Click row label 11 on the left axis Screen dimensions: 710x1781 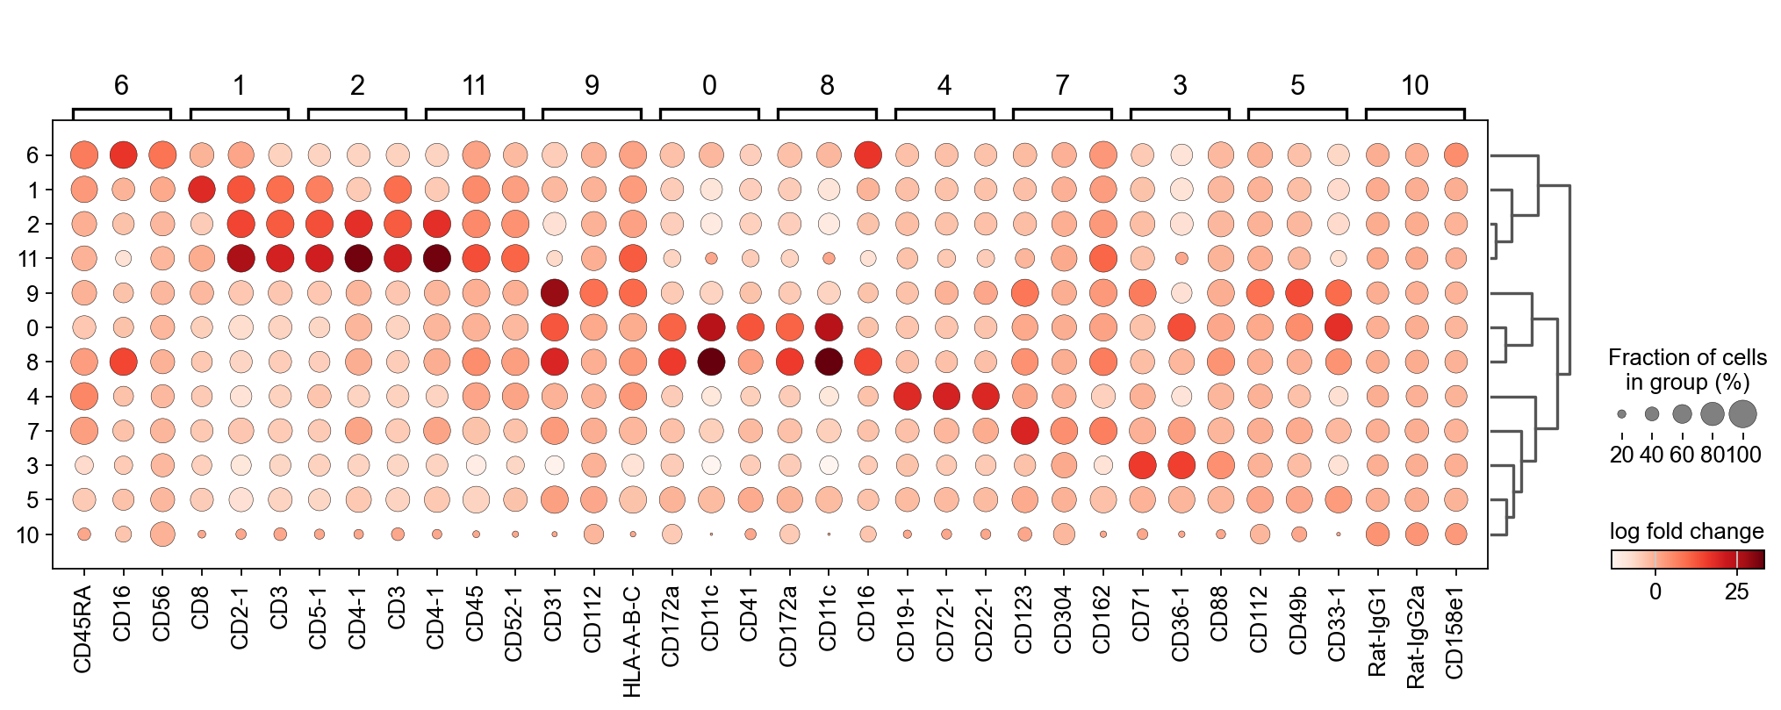(28, 259)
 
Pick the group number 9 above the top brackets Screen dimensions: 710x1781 (592, 85)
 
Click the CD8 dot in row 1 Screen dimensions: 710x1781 (201, 190)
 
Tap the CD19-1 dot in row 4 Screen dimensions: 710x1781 (907, 397)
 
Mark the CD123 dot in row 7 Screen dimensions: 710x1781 (1024, 431)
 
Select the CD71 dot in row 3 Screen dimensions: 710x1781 (1142, 465)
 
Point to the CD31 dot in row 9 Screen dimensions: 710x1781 (554, 293)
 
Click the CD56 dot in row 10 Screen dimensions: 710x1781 (162, 534)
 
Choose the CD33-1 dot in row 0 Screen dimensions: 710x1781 (1338, 327)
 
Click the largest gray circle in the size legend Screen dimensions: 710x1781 (1742, 413)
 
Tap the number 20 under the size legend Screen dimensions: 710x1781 (1621, 455)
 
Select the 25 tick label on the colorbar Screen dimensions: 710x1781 (1736, 592)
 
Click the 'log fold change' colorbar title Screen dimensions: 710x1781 (1686, 531)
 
